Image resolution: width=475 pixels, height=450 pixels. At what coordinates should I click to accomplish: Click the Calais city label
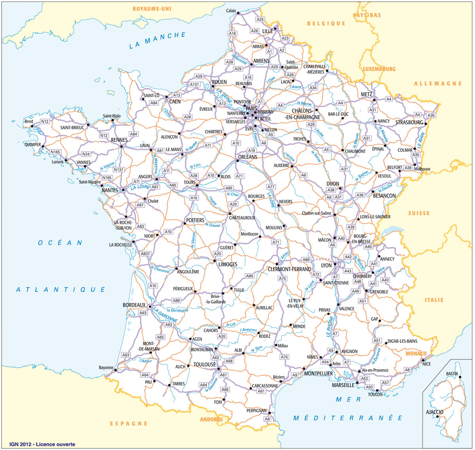(231, 11)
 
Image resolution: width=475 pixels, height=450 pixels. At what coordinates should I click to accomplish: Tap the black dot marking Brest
(32, 126)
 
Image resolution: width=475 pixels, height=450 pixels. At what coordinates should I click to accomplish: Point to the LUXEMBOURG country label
(379, 69)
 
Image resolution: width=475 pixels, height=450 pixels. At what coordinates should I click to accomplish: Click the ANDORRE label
(211, 419)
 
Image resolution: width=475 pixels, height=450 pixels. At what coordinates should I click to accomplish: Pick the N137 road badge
(118, 170)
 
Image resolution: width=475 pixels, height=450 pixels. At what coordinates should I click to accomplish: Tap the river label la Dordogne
(177, 310)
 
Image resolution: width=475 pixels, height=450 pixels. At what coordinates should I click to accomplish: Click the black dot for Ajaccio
(438, 416)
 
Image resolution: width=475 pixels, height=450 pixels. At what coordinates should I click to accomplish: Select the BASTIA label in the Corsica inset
(452, 374)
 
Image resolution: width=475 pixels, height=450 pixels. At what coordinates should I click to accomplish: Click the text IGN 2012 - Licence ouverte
(42, 444)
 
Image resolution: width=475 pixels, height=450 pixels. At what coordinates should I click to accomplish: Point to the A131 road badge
(194, 85)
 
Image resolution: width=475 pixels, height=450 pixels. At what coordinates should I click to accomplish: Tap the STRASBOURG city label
(409, 123)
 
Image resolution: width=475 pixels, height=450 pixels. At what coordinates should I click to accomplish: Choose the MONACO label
(416, 354)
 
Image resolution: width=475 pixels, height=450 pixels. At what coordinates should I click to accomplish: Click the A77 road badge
(271, 187)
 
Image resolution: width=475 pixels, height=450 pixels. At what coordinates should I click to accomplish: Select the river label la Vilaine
(107, 166)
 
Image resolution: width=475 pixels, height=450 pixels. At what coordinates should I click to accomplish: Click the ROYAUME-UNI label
(152, 9)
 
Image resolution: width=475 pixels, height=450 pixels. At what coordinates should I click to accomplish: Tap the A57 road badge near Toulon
(385, 383)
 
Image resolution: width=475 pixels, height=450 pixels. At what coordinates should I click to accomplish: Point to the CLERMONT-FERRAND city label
(289, 269)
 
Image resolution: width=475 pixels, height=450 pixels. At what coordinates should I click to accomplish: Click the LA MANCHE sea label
(158, 40)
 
